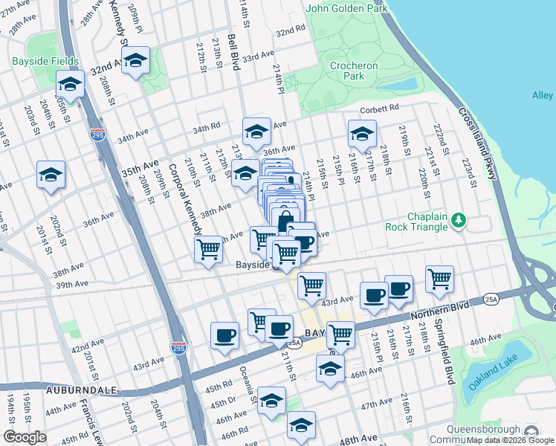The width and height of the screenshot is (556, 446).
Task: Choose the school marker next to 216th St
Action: click(362, 135)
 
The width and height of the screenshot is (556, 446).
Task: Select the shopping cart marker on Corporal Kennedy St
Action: click(208, 249)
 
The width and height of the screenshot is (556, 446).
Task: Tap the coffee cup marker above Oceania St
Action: click(224, 335)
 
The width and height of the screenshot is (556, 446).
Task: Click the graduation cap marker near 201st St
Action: click(51, 175)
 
